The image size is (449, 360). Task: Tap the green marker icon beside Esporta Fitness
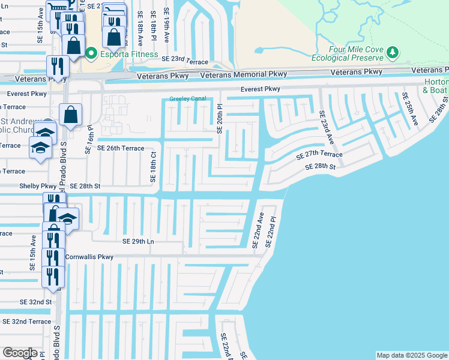point(91,54)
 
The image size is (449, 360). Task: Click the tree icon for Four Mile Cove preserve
point(393,53)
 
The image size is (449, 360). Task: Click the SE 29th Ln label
point(139,241)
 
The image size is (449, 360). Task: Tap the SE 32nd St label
point(35,302)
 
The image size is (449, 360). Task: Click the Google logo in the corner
point(20,353)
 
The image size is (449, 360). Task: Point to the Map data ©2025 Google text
point(411,355)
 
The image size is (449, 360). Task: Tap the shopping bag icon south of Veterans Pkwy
point(70,115)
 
